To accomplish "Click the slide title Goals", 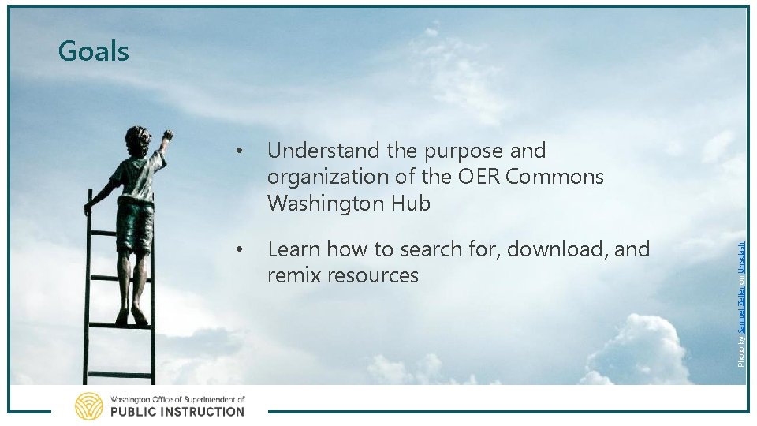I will pos(93,51).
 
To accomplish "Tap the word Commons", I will pos(555,177).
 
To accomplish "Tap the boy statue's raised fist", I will pos(166,136).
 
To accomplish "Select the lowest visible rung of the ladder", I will pos(119,374).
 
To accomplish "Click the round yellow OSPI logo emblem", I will pos(88,405).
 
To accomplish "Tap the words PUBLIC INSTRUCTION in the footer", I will pos(177,411).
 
